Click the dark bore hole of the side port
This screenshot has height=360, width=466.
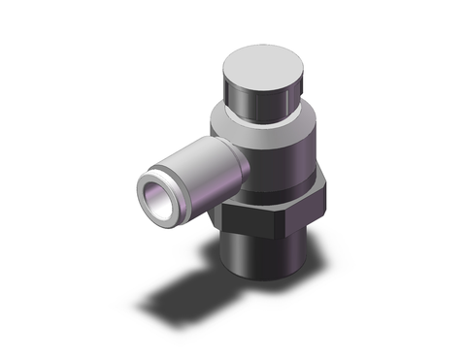point(156,195)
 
